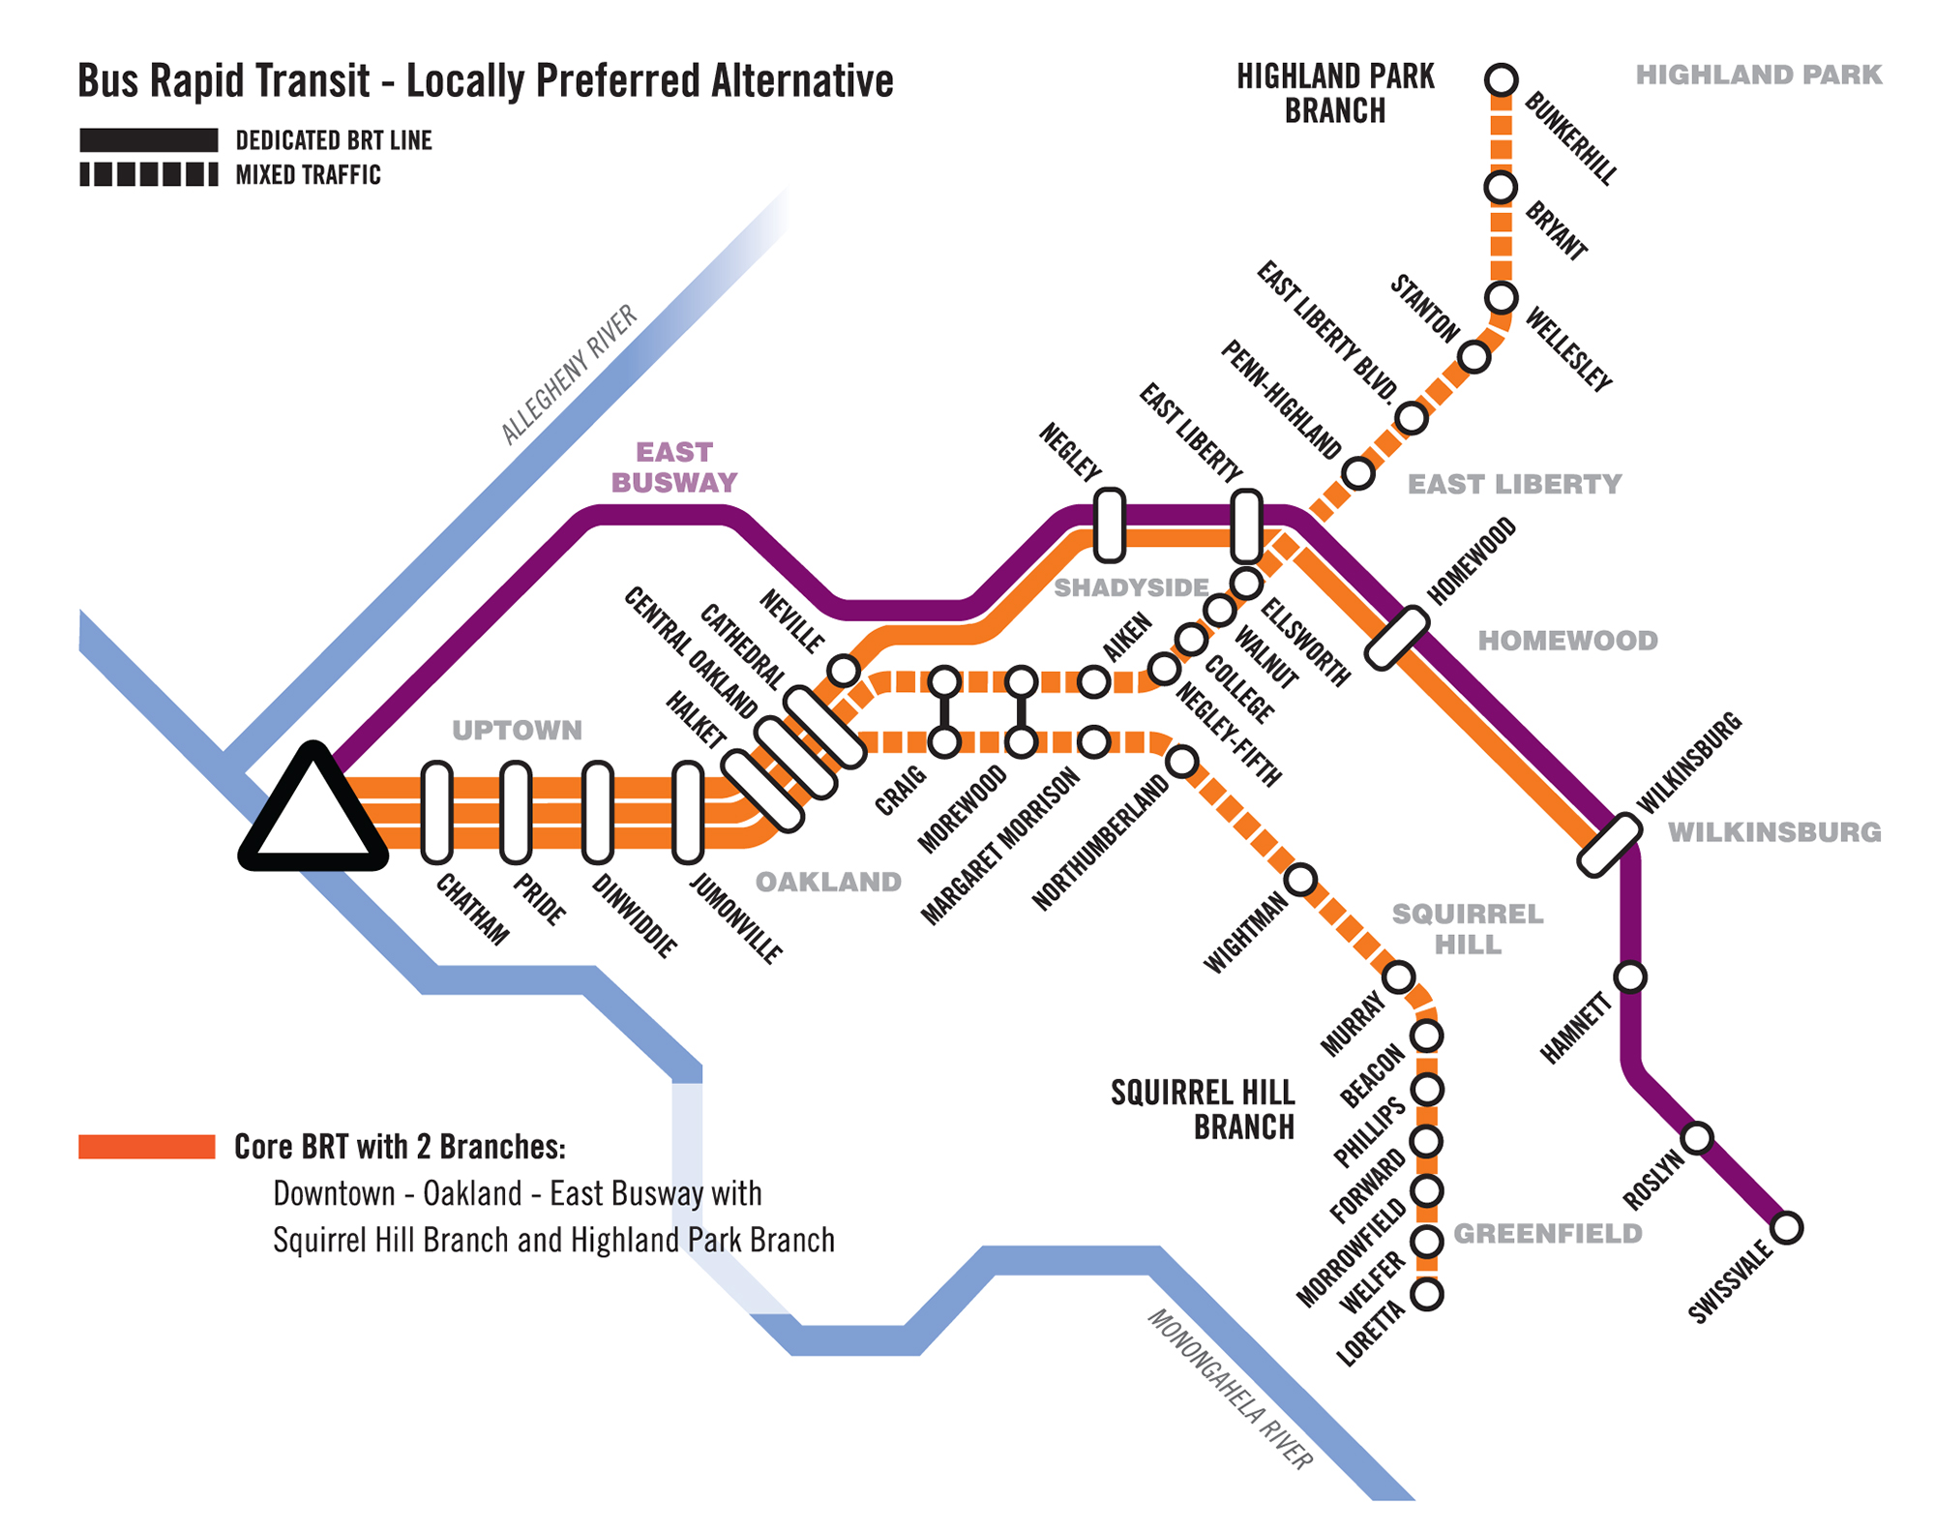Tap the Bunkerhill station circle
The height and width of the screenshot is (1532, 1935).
pos(1501,79)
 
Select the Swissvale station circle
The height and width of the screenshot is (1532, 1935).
pos(1786,1228)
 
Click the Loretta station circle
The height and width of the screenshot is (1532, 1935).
pos(1427,1294)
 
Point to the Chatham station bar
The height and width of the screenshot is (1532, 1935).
pos(437,812)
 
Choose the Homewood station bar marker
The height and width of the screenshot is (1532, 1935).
pos(1397,638)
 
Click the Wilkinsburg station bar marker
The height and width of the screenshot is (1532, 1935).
pos(1610,846)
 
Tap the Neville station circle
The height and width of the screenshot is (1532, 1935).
pos(844,670)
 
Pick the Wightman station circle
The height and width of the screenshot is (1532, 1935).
pos(1300,880)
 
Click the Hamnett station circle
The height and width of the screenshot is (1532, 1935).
pos(1630,977)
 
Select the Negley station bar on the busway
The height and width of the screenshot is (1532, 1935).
pos(1109,526)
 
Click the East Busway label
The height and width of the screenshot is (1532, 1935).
pos(674,467)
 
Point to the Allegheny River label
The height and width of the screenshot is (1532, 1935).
pos(569,375)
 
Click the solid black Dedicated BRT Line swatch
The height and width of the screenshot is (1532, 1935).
pos(149,140)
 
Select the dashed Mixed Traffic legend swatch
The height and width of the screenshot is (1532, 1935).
pos(149,174)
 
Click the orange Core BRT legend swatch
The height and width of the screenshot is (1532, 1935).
pos(147,1146)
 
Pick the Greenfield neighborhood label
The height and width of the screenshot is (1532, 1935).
pos(1548,1234)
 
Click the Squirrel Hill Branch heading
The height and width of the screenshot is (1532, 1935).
pos(1203,1110)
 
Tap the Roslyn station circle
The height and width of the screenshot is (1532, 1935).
pos(1697,1138)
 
